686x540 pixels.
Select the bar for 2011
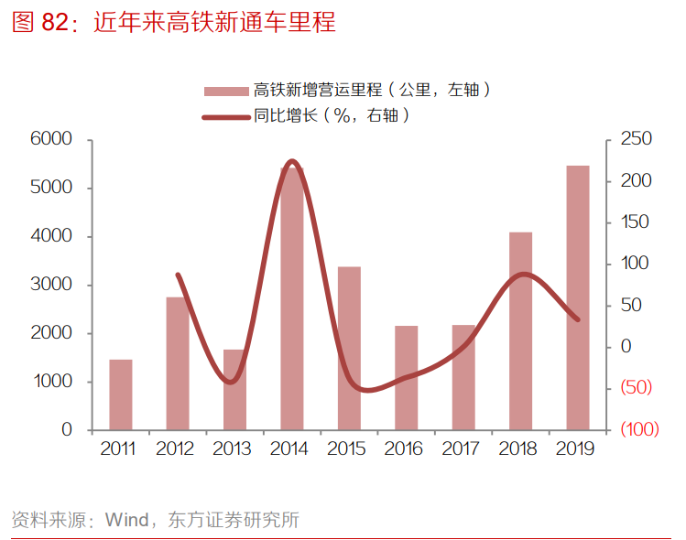point(121,394)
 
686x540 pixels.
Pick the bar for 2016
point(406,377)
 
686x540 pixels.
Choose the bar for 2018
point(520,330)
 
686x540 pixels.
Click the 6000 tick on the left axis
point(51,139)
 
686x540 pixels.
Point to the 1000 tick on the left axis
point(53,382)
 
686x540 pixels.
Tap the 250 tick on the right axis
point(635,139)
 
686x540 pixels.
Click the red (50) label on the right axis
point(636,387)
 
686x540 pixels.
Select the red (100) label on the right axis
point(638,429)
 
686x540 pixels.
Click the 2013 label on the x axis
point(232,449)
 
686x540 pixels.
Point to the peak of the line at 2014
point(292,161)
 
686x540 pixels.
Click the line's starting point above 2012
point(177,274)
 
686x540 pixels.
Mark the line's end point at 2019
point(578,319)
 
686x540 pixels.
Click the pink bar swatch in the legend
point(226,90)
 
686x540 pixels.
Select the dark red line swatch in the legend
point(226,116)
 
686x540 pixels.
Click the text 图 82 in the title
point(40,24)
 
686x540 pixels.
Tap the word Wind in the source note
point(126,521)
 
